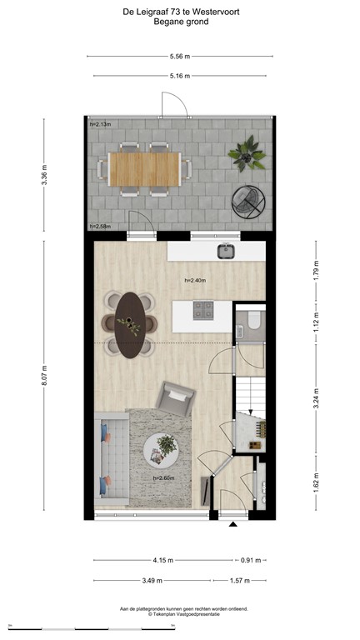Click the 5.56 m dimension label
click(x=180, y=57)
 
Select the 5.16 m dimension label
click(x=180, y=76)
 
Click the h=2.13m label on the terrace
click(x=101, y=125)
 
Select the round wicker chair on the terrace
click(x=248, y=201)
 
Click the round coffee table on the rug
click(x=162, y=451)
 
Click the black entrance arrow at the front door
click(x=233, y=525)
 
